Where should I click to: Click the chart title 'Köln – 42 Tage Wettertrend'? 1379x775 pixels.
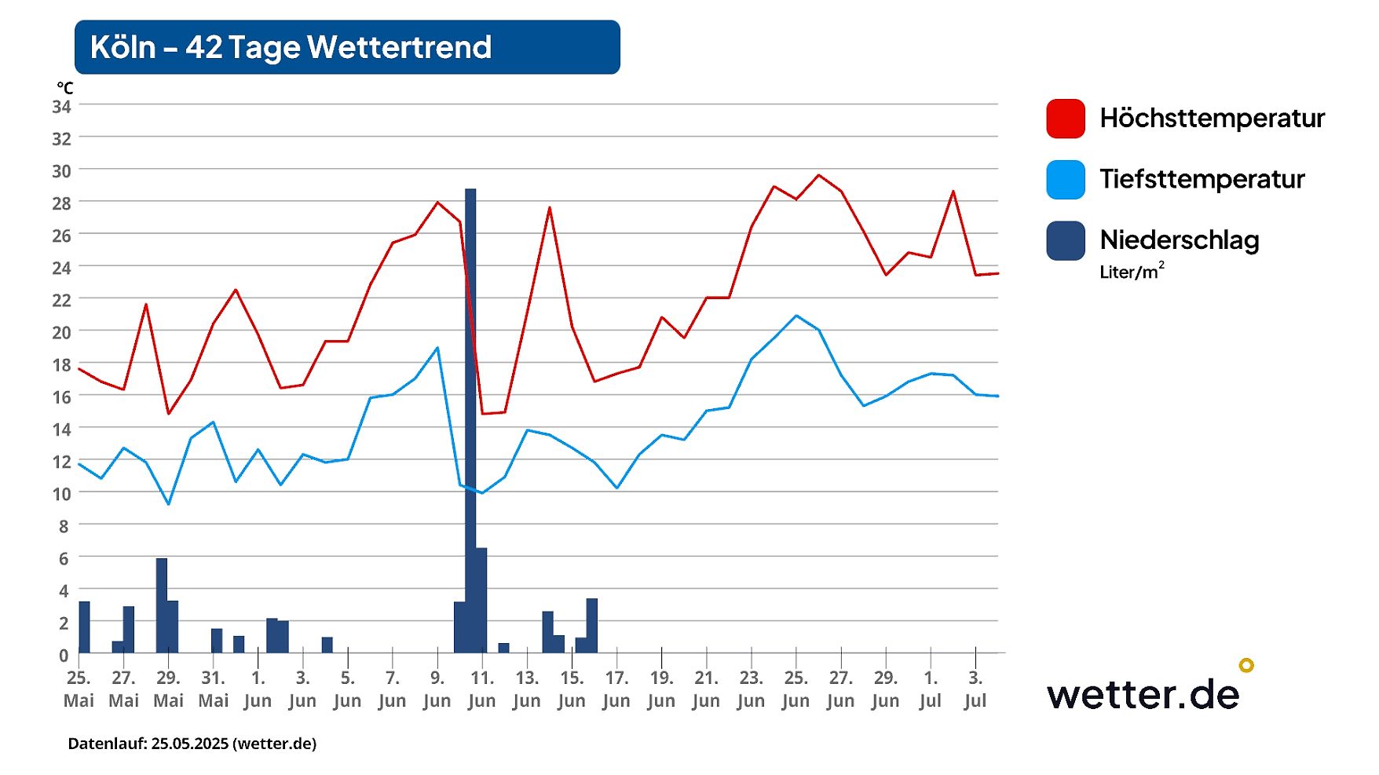[291, 47]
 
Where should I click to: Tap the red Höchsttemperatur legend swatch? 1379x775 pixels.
[1066, 119]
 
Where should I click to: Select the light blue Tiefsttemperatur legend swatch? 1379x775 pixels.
[1066, 180]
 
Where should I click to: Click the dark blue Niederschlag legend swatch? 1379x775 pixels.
[1066, 241]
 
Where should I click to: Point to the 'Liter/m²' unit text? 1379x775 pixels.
[1131, 272]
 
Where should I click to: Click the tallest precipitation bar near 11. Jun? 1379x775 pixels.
[470, 393]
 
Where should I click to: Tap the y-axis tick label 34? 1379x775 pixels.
[62, 106]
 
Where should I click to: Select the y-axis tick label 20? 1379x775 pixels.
[62, 332]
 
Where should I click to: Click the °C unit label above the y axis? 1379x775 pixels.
[65, 88]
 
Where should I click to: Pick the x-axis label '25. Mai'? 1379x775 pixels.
[79, 689]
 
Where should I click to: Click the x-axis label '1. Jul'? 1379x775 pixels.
[931, 689]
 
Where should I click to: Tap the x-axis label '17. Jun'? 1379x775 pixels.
[616, 689]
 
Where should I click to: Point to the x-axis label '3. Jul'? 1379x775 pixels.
[975, 689]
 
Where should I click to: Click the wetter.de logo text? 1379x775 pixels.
[1143, 694]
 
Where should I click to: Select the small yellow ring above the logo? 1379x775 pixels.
[1246, 665]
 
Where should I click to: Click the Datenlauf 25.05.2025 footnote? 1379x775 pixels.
[192, 744]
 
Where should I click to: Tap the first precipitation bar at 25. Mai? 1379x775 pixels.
[84, 627]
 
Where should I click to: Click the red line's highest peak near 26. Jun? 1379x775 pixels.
[819, 175]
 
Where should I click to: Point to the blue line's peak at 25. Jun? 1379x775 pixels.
[796, 316]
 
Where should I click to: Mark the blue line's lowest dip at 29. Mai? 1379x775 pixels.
[168, 503]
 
